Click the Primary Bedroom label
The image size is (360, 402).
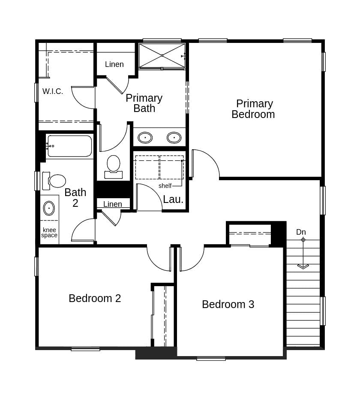point(253,109)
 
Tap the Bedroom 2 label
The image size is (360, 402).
point(95,298)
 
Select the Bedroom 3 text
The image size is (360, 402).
point(228,304)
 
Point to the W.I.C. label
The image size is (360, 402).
point(53,91)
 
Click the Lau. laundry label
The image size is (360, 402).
point(173,199)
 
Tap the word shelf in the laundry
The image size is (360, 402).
point(165,186)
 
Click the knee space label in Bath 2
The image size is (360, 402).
point(49,233)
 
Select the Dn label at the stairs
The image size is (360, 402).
point(301,232)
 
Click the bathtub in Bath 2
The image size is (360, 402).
point(69,146)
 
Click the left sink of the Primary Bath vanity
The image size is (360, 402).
point(145,138)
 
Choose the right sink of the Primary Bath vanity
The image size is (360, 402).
point(174,138)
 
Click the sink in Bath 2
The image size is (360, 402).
point(49,208)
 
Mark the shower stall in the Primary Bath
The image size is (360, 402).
point(162,55)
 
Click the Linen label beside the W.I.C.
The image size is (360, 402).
point(114,64)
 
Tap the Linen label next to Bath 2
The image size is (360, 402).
point(113,204)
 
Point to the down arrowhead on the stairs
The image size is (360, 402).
point(303,266)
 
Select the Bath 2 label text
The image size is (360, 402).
point(75,198)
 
